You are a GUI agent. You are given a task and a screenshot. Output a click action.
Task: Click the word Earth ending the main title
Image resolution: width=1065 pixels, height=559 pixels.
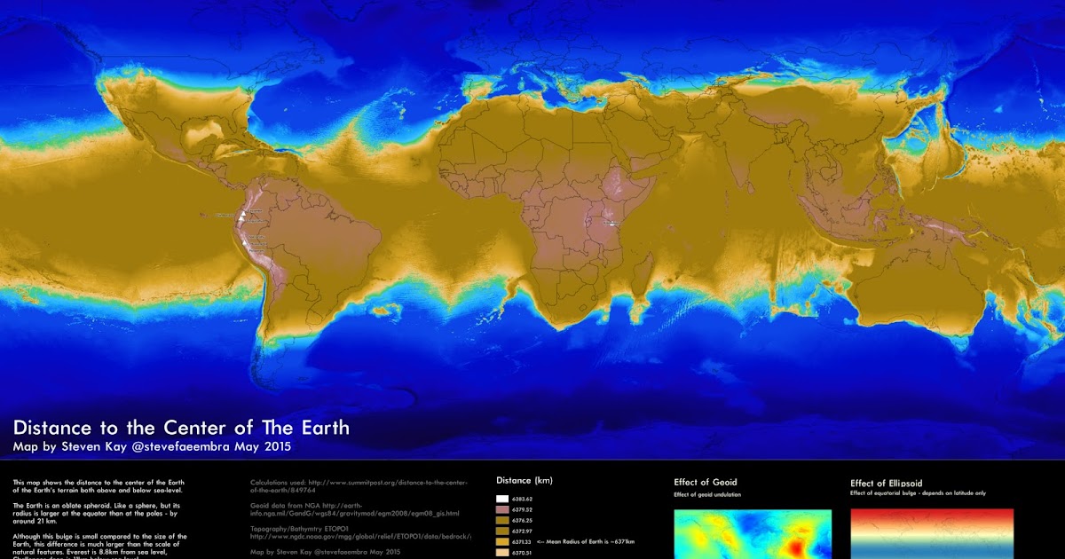coord(319,428)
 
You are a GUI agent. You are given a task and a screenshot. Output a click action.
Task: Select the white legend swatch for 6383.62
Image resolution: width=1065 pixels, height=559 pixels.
coord(501,500)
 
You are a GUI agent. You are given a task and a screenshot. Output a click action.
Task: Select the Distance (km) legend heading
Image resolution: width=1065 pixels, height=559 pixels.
coord(524,481)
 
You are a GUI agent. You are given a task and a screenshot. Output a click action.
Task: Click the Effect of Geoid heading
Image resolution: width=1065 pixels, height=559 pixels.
coord(706,483)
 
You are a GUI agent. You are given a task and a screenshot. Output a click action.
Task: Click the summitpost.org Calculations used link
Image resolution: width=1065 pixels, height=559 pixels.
coord(355,485)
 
